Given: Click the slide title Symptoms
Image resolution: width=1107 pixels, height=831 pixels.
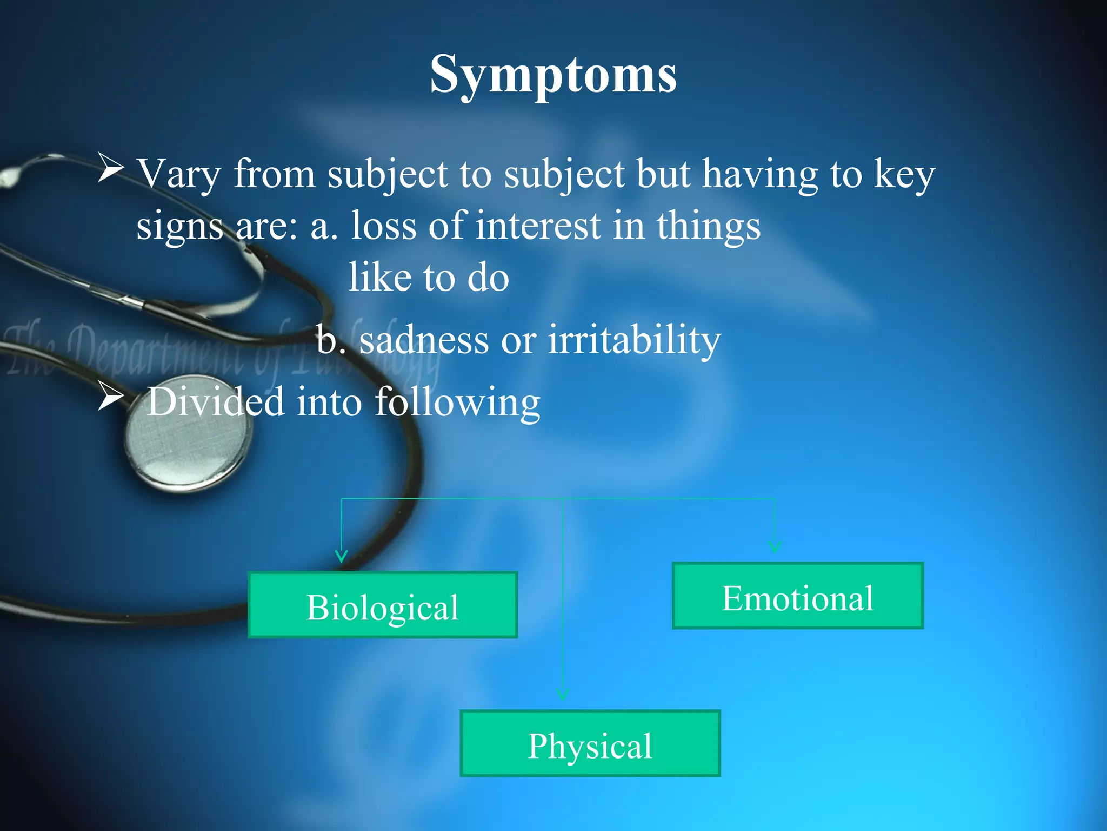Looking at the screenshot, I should (553, 74).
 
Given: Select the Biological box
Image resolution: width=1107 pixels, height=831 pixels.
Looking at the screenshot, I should (383, 605).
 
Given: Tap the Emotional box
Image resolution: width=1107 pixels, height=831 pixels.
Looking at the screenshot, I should (798, 596).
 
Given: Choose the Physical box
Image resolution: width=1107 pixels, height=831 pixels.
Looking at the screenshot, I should (590, 743).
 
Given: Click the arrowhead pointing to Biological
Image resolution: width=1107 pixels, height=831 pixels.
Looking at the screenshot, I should (341, 556).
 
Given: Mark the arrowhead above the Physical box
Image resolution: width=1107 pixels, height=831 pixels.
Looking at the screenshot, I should (563, 694).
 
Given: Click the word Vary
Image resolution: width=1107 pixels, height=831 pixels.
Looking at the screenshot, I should (178, 174).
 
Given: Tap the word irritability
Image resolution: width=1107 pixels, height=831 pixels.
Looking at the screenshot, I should (635, 340).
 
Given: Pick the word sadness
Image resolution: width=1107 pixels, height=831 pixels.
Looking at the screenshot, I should (424, 340).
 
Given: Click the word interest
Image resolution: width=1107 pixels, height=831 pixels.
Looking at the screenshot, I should (538, 225).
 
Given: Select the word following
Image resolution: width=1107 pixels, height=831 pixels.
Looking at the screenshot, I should (457, 402).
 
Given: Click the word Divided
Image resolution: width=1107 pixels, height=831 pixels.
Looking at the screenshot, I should (215, 402).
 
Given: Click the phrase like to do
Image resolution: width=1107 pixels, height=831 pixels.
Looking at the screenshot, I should (429, 277).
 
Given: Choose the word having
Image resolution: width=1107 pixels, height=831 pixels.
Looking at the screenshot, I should (760, 174).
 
